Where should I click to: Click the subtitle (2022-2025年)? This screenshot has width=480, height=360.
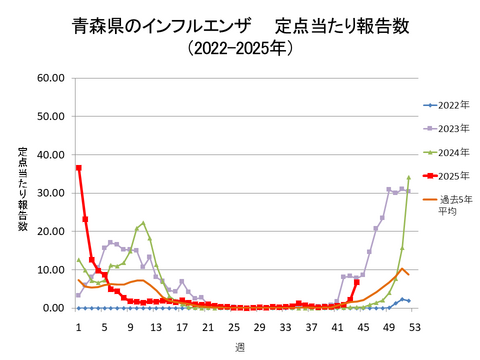pyautogui.click(x=240, y=47)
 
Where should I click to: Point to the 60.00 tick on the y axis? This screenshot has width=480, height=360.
pyautogui.click(x=49, y=78)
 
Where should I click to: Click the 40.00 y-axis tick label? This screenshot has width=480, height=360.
pyautogui.click(x=49, y=155)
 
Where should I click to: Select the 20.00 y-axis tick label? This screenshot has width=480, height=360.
pyautogui.click(x=49, y=231)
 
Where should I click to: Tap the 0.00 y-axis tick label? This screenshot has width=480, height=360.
pyautogui.click(x=52, y=308)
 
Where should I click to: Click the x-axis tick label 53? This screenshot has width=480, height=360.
pyautogui.click(x=414, y=325)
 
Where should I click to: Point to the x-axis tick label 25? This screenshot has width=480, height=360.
pyautogui.click(x=233, y=325)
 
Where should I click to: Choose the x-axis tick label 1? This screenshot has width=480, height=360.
pyautogui.click(x=78, y=325)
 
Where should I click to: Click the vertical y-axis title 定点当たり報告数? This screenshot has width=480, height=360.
pyautogui.click(x=22, y=190)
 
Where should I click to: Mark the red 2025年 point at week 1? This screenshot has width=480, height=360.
pyautogui.click(x=78, y=168)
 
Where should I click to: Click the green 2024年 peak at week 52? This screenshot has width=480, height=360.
pyautogui.click(x=408, y=177)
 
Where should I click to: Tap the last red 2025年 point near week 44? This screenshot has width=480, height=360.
pyautogui.click(x=356, y=282)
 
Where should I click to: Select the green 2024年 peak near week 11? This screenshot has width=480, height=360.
pyautogui.click(x=143, y=223)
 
